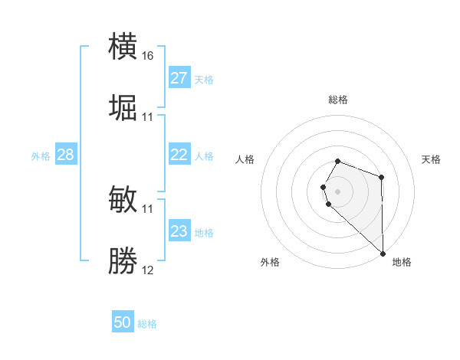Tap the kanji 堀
[123, 107]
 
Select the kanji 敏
[123, 199]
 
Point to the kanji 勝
[123, 260]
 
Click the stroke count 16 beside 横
[148, 56]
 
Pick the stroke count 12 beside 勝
[148, 270]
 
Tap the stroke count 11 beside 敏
[148, 208]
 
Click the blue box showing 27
[179, 78]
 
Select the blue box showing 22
[179, 155]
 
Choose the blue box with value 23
[179, 231]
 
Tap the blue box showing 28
[66, 155]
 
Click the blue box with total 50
[123, 323]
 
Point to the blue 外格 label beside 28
[41, 155]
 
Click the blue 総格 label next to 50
[147, 324]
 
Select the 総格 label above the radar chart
[338, 100]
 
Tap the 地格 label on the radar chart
[402, 262]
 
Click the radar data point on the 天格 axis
[381, 178]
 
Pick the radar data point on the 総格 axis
[338, 161]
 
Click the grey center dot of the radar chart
[338, 191]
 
